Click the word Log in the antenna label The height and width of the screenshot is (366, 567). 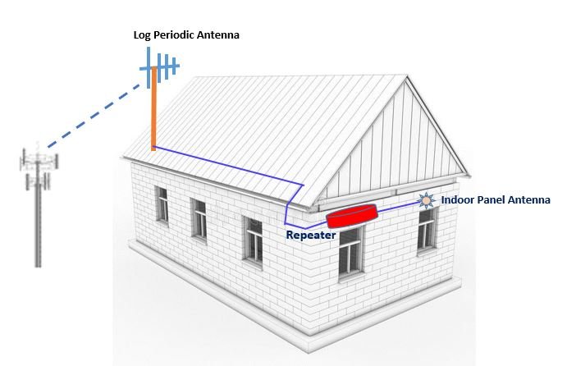click(x=144, y=35)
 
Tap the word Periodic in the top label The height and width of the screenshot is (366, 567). click(x=176, y=35)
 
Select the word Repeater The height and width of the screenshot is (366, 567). click(x=311, y=235)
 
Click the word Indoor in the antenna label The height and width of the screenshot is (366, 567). click(x=459, y=199)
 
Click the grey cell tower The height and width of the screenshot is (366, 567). click(x=38, y=213)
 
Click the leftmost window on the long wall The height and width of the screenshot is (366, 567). click(x=162, y=204)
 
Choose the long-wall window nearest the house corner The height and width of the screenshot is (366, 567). click(x=254, y=239)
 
